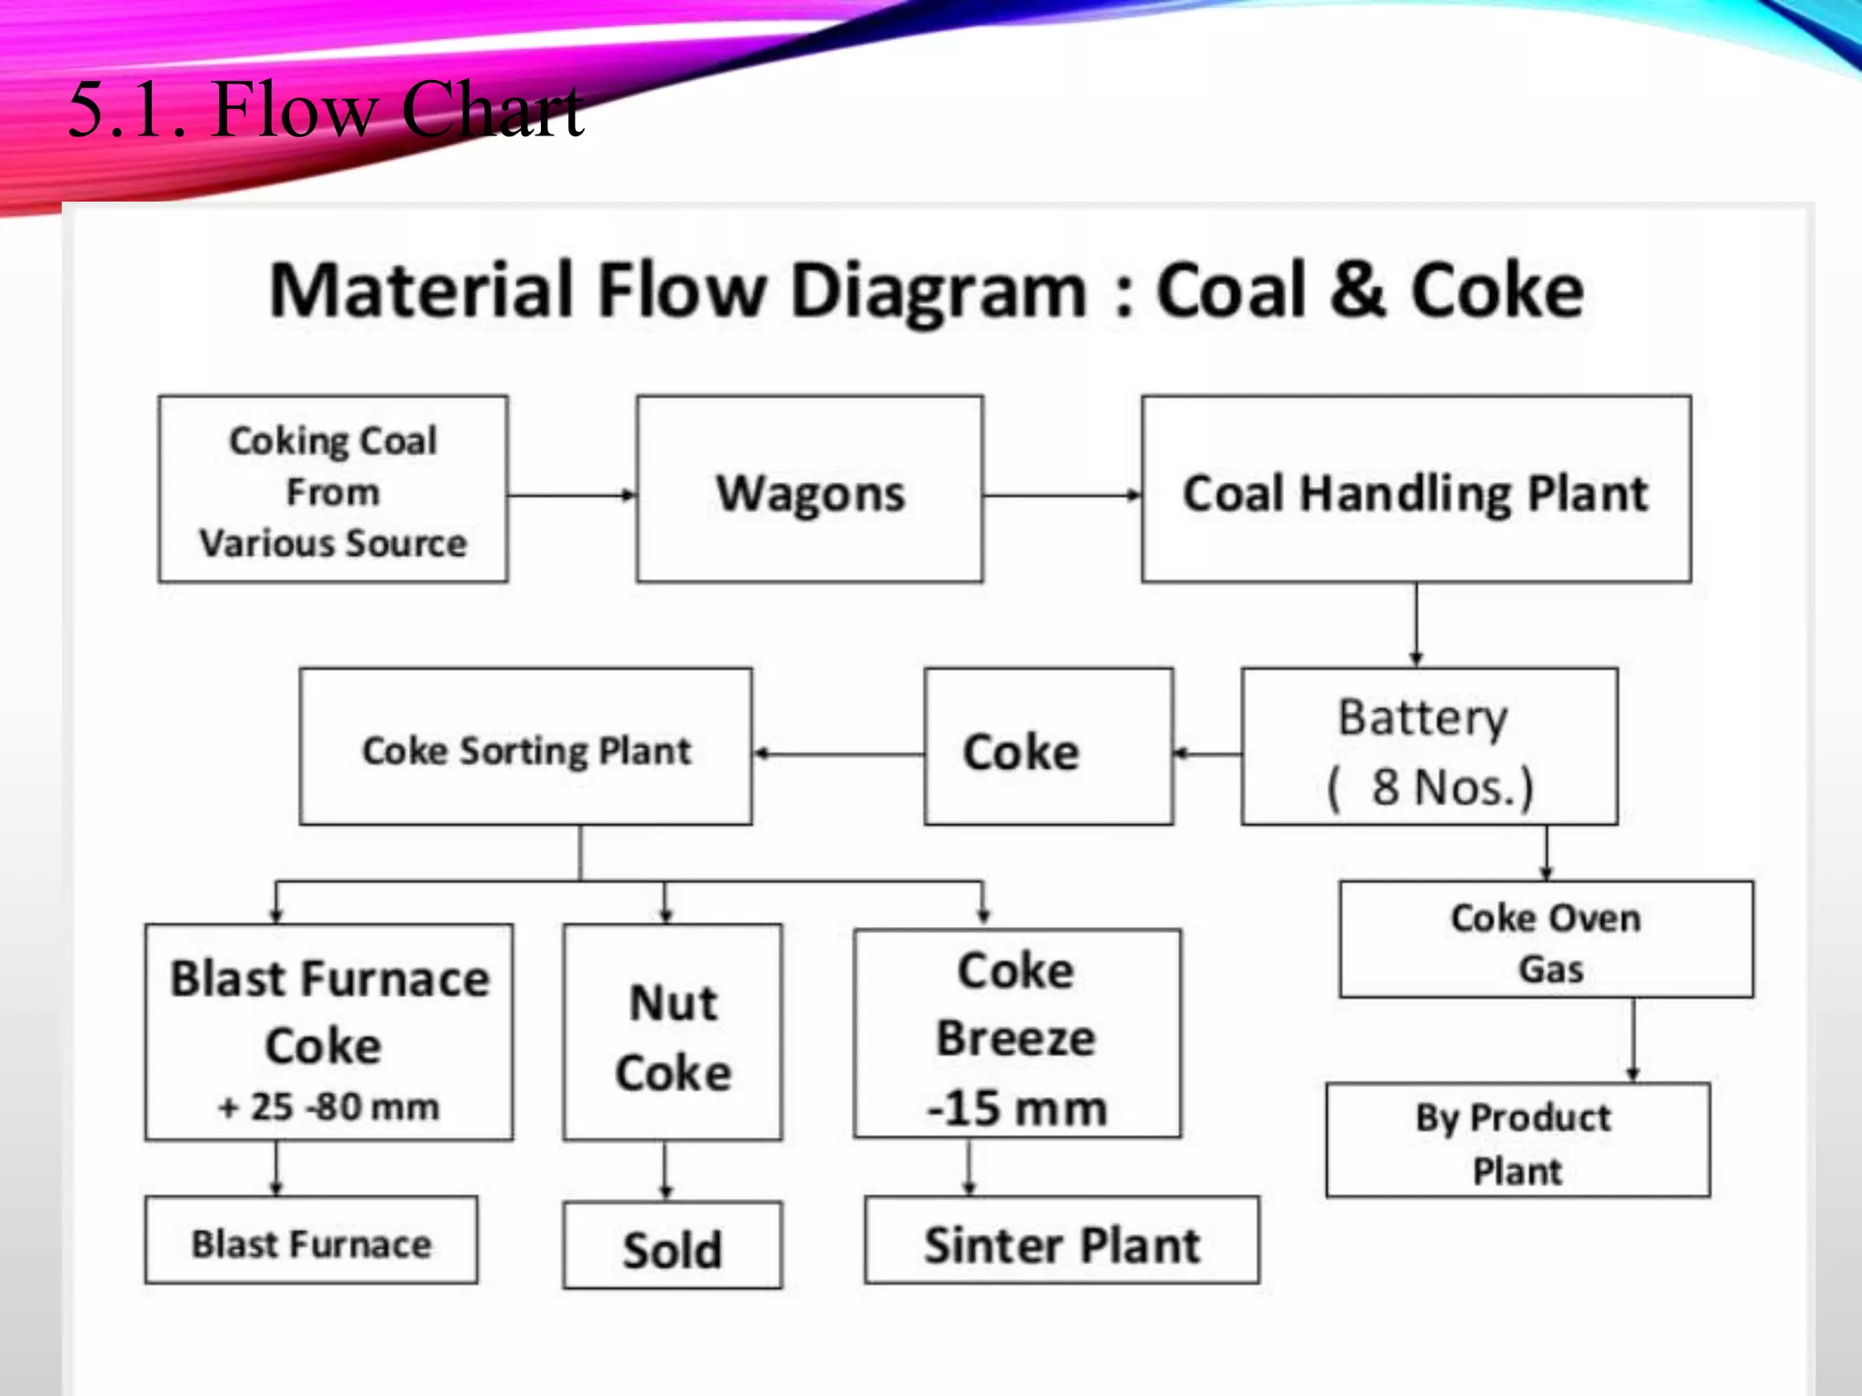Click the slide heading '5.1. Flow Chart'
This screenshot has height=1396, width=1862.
pyautogui.click(x=325, y=109)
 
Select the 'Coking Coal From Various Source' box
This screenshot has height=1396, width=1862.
pyautogui.click(x=333, y=490)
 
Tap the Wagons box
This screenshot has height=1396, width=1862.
pyautogui.click(x=809, y=491)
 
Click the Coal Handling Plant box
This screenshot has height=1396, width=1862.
pyautogui.click(x=1416, y=491)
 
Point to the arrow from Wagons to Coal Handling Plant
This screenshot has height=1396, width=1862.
pyautogui.click(x=1062, y=495)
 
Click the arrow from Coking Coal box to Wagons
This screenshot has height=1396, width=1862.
pyautogui.click(x=571, y=495)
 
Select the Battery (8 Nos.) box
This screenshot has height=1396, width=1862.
pyautogui.click(x=1428, y=748)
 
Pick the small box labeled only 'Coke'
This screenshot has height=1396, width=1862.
pyautogui.click(x=1047, y=748)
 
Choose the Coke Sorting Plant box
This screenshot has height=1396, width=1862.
pyautogui.click(x=526, y=748)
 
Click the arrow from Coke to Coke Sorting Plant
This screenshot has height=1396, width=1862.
pyautogui.click(x=838, y=753)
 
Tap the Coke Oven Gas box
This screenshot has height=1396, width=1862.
pyautogui.click(x=1546, y=941)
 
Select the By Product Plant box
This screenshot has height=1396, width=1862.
pyautogui.click(x=1517, y=1141)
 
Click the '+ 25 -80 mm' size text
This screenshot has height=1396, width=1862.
pyautogui.click(x=329, y=1106)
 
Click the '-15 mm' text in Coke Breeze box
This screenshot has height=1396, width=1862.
pyautogui.click(x=1016, y=1108)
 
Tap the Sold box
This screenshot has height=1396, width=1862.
pyautogui.click(x=672, y=1247)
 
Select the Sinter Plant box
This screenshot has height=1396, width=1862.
pyautogui.click(x=1061, y=1241)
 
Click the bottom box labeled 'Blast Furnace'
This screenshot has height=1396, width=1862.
pyautogui.click(x=311, y=1241)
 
